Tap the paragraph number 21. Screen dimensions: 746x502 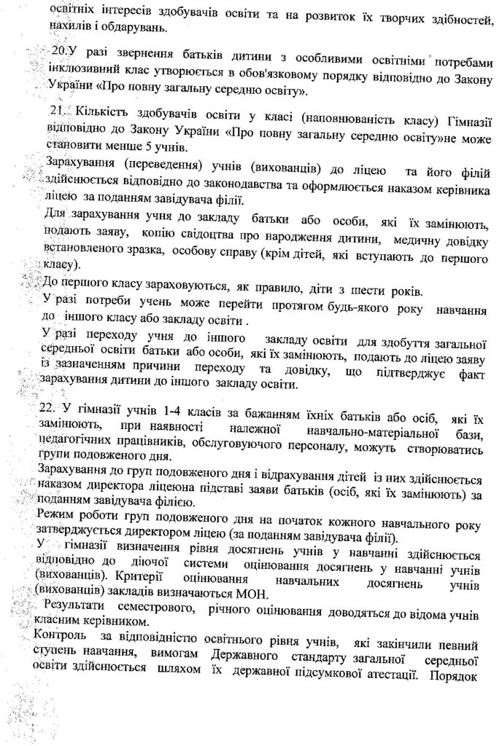[57, 110]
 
